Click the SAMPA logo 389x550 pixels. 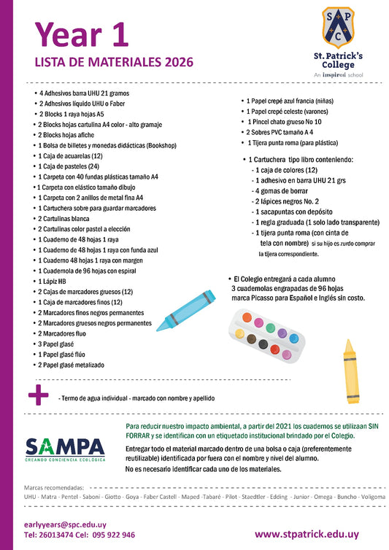click(65, 448)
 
